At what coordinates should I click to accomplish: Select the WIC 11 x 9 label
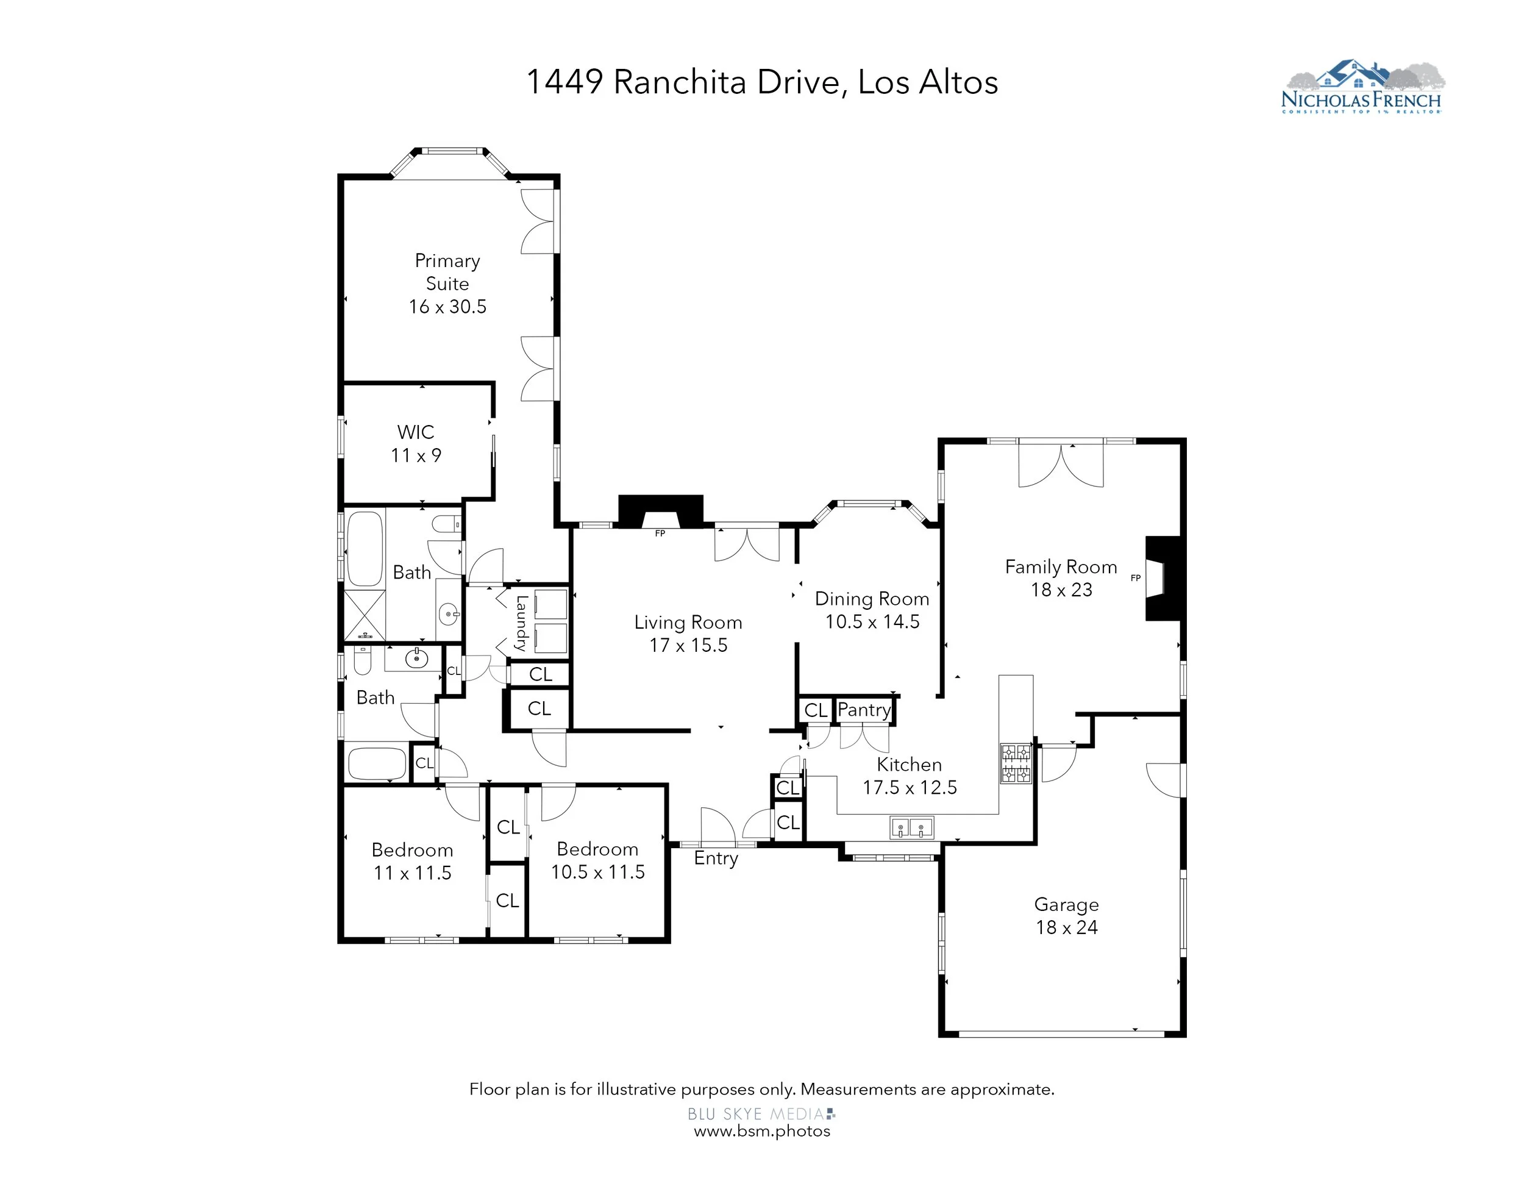(416, 444)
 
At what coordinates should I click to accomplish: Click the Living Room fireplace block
(661, 512)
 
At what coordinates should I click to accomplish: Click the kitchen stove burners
(1016, 763)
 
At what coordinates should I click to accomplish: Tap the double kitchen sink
(911, 827)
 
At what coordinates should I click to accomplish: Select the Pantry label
(864, 710)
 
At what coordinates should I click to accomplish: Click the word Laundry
(521, 623)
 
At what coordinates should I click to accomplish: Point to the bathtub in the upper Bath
(365, 549)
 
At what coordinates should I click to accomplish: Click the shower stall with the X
(365, 615)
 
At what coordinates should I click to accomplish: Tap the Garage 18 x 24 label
(1066, 916)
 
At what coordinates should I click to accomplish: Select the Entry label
(716, 859)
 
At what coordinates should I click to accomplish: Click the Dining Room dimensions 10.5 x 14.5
(872, 622)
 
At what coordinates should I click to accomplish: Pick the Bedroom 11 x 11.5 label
(413, 861)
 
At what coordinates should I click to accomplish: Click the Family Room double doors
(1061, 464)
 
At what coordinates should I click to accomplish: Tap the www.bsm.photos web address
(762, 1131)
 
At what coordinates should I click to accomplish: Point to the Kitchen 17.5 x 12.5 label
(910, 776)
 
